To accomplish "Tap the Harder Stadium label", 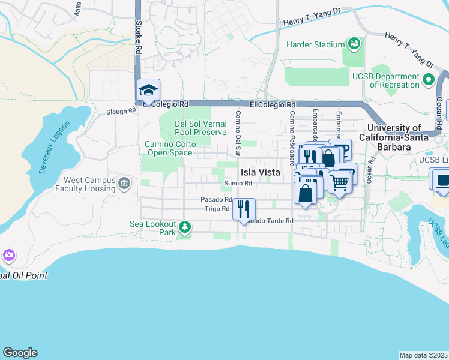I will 315,44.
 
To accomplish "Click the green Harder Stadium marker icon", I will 355,43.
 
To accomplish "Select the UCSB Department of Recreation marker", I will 429,79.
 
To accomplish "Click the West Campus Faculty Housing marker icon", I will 124,183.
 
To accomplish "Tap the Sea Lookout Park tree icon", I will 186,227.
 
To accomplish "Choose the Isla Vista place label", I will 261,172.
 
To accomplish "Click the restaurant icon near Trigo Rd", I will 243,209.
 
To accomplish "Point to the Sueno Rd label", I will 235,183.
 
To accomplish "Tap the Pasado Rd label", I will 217,199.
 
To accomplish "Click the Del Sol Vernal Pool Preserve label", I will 200,128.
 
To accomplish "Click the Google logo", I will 20,353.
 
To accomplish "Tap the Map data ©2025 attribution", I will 423,355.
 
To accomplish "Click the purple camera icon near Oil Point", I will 8,256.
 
